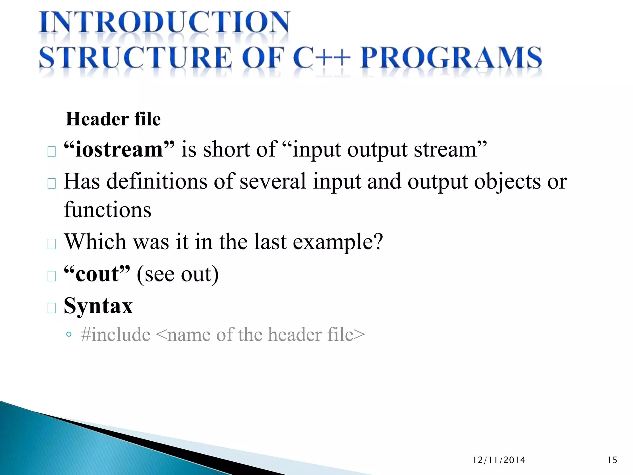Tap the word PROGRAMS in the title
[x=451, y=58]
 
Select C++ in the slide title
[x=322, y=58]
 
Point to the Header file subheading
[x=113, y=119]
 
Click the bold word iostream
[x=119, y=150]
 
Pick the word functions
[x=108, y=210]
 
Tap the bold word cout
[x=97, y=274]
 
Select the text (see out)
[x=178, y=274]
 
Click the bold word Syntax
[x=98, y=306]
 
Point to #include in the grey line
[x=116, y=335]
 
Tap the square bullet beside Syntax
[x=52, y=308]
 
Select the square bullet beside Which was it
[x=52, y=244]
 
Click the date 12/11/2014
[x=499, y=460]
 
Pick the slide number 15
[x=612, y=460]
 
